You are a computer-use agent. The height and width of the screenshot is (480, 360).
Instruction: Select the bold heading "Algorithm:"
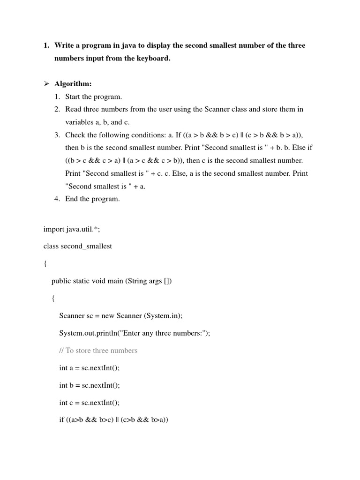[x=73, y=84]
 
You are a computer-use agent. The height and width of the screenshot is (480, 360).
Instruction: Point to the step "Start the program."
[x=93, y=97]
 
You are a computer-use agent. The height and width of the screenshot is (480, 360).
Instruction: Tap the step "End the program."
[x=92, y=199]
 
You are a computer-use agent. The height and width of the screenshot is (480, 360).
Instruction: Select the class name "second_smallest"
[x=87, y=246]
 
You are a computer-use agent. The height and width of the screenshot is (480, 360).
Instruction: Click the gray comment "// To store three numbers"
[x=98, y=350]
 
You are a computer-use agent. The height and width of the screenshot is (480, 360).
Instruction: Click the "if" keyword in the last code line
[x=61, y=420]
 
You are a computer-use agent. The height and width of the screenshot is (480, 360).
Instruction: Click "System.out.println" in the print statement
[x=87, y=333]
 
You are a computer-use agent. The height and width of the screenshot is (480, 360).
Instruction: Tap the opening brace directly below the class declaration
[x=45, y=263]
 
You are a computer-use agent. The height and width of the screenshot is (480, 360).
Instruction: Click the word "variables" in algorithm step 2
[x=79, y=122]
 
